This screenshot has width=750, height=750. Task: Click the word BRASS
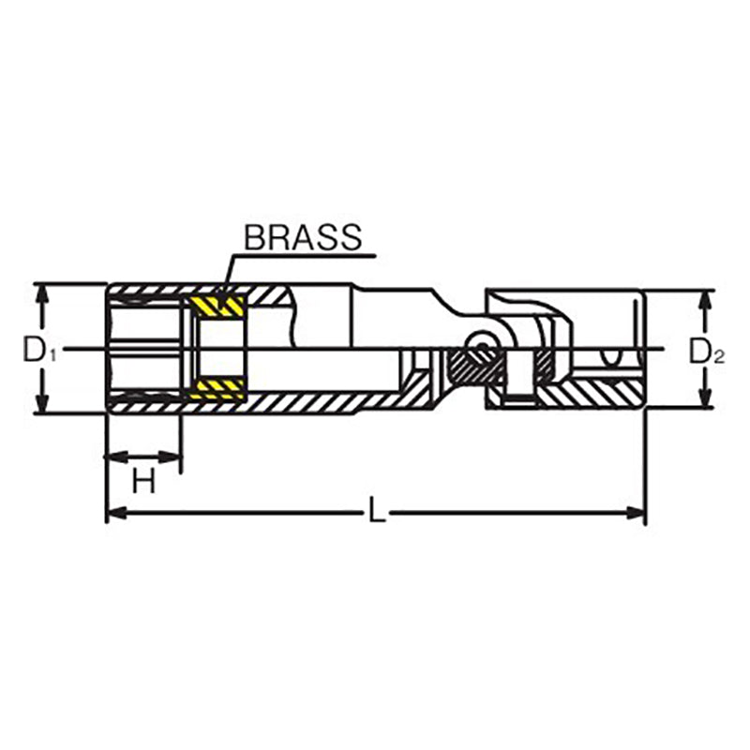tap(302, 237)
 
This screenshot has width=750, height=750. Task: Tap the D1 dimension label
tap(40, 352)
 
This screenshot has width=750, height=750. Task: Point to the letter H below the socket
tap(142, 482)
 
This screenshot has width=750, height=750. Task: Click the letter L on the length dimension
tap(375, 512)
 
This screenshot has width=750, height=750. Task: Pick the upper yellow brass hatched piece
tap(217, 307)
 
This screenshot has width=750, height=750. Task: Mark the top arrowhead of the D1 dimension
tap(41, 292)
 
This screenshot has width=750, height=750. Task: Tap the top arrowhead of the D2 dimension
tap(702, 300)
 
